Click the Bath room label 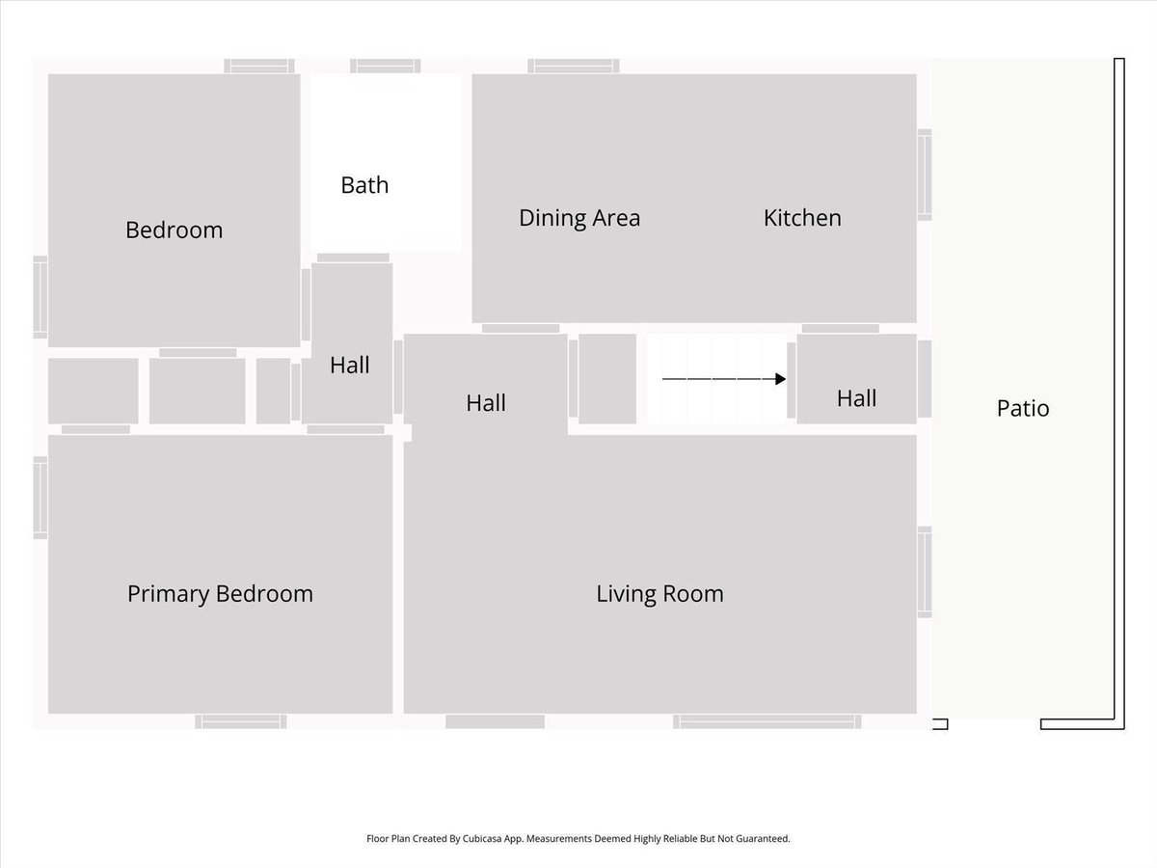[364, 185]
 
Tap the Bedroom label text [174, 230]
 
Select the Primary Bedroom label [220, 594]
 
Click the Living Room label [659, 594]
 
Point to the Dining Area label [579, 218]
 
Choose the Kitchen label [802, 218]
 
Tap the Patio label [1023, 408]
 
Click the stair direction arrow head [781, 379]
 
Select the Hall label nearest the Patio [856, 398]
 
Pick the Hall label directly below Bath [349, 365]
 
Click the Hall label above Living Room [486, 403]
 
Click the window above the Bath [386, 66]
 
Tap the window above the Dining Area [574, 66]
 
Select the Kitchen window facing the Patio [925, 175]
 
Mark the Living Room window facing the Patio [925, 572]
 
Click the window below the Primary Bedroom [241, 721]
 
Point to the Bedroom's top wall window [259, 66]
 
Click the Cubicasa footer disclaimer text [578, 838]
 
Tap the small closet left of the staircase [607, 378]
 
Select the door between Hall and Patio [925, 379]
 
